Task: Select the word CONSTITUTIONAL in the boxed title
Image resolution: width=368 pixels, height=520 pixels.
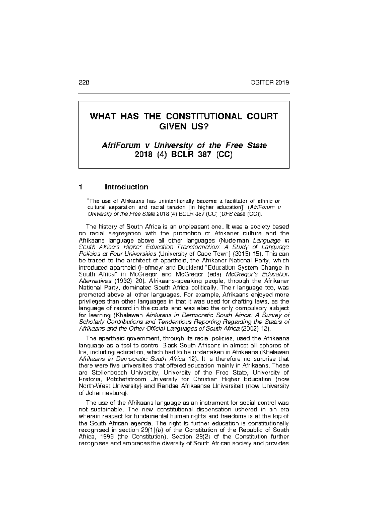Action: coord(216,117)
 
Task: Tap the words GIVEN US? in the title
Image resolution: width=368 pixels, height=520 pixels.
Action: coord(184,126)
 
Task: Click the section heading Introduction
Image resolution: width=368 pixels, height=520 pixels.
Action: coord(126,187)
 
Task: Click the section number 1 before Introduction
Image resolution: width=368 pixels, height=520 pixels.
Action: coord(81,187)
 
